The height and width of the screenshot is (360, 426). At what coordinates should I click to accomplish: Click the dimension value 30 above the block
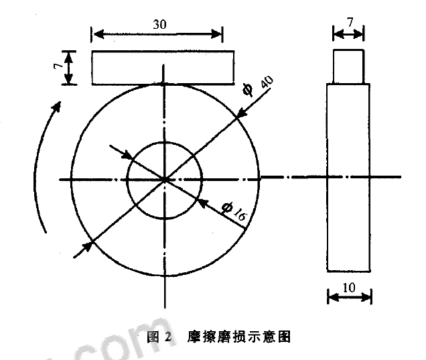[x=159, y=23]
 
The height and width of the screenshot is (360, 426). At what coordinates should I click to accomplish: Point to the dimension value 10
[x=349, y=286]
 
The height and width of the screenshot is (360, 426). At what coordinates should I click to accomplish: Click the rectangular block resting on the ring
[x=163, y=68]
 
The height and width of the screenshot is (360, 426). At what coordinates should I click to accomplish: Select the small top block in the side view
[x=349, y=68]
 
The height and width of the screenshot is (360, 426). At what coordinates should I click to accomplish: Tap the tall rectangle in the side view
[x=348, y=177]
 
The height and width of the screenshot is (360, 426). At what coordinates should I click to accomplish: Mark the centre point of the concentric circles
[x=164, y=179]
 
